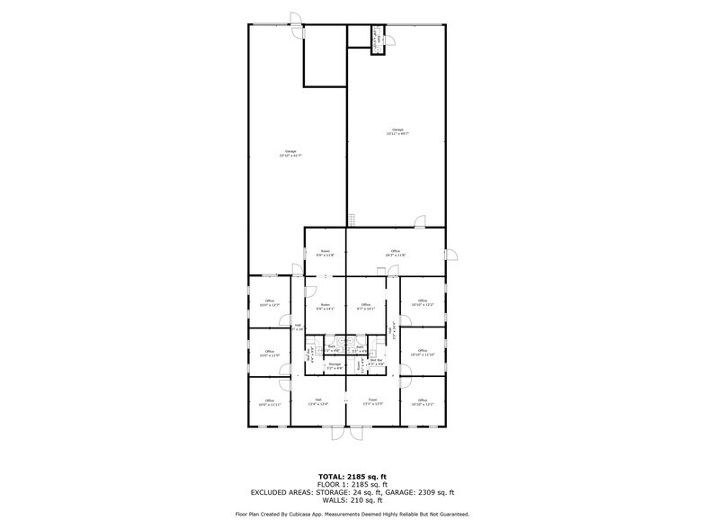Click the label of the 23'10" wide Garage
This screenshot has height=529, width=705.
290,153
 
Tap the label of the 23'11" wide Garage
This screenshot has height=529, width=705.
397,131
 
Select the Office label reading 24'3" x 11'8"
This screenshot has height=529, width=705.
396,253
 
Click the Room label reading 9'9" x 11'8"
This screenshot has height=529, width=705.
326,253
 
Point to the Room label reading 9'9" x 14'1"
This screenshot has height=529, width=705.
326,307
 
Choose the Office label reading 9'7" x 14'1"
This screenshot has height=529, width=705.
366,307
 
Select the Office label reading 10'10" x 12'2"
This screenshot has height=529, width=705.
422,303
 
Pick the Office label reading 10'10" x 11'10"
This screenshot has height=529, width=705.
422,353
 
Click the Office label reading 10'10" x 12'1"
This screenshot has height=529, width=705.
422,402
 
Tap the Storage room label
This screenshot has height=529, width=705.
334,367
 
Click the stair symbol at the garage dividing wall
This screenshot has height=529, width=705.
353,220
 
